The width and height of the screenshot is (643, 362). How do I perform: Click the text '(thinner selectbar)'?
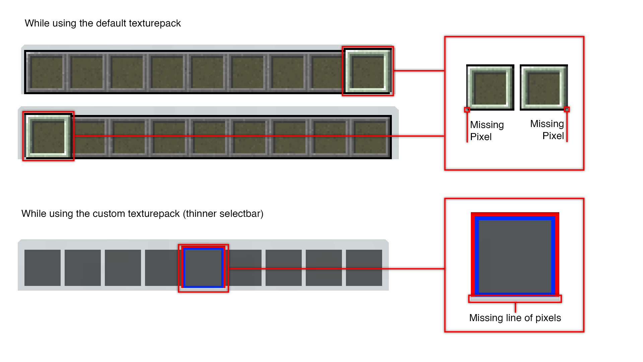(223, 214)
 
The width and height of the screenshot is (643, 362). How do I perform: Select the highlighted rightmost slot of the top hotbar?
(368, 71)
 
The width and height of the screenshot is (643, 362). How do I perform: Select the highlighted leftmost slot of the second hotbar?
(49, 136)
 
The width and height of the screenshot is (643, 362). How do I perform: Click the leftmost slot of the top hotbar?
(47, 72)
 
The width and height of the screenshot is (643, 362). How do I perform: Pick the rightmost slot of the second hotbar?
(370, 137)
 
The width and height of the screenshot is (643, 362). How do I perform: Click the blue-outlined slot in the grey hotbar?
(203, 268)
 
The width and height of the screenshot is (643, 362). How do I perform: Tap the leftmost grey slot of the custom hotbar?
(43, 268)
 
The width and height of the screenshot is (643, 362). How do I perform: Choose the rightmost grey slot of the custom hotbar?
(364, 268)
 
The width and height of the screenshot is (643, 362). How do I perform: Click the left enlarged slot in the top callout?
(490, 88)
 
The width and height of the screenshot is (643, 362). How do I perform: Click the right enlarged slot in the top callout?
(544, 88)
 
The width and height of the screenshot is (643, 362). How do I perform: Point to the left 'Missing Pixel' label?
(487, 131)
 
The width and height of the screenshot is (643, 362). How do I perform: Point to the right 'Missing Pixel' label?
(547, 130)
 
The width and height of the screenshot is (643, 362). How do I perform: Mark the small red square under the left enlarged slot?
(467, 110)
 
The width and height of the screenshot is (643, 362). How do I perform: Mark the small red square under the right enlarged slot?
(567, 109)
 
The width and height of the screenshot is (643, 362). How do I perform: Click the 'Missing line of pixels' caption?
(515, 318)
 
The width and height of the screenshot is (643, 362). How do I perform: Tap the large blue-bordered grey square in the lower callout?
(515, 256)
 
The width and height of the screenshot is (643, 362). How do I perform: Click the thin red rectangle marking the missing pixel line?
(515, 299)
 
